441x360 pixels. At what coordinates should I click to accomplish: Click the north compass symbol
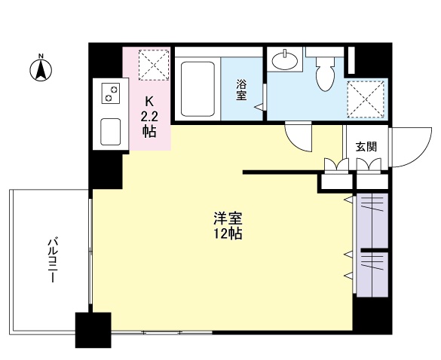click(41, 70)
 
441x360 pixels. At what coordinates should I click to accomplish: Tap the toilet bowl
click(325, 75)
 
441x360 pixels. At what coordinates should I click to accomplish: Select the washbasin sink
click(285, 59)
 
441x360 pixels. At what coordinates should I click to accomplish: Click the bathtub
click(198, 89)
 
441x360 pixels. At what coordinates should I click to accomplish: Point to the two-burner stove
click(111, 93)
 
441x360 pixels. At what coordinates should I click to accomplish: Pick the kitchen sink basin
click(111, 132)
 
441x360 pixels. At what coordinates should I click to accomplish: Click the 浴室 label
click(241, 90)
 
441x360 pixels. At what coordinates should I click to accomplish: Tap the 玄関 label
click(366, 147)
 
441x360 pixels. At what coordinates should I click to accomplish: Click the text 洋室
click(228, 218)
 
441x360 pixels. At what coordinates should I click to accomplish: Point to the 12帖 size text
click(228, 233)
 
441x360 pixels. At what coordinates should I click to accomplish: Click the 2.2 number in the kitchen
click(149, 116)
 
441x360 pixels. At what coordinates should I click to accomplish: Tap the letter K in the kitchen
click(149, 102)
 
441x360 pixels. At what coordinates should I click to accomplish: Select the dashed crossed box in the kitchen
click(154, 65)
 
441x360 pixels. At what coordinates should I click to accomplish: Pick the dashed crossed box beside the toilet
click(366, 99)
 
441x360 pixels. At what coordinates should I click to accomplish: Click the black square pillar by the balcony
click(93, 330)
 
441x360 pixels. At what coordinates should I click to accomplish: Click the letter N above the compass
click(41, 56)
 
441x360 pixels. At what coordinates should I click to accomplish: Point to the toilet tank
click(325, 52)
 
